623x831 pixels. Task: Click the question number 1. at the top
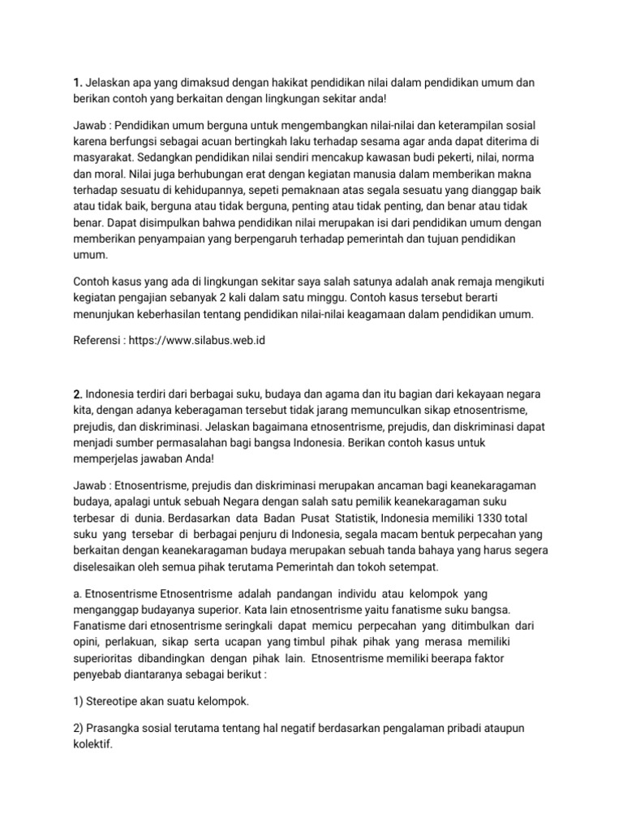pos(78,84)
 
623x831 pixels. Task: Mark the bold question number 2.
pos(78,394)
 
